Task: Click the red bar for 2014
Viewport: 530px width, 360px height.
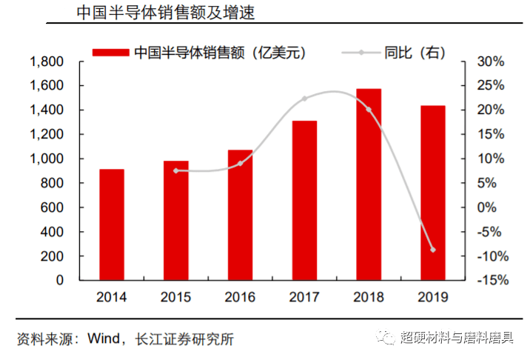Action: [x=112, y=225]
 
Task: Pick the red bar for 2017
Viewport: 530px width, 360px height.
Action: [x=304, y=201]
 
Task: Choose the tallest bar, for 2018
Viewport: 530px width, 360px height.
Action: [x=369, y=184]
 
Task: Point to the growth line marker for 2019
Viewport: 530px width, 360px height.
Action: [x=433, y=250]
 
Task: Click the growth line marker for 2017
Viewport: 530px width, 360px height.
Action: [x=304, y=99]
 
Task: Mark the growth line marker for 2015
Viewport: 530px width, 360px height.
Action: [x=176, y=170]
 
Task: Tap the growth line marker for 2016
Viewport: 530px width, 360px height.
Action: [x=240, y=163]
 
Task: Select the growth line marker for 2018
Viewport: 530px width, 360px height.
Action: [x=369, y=109]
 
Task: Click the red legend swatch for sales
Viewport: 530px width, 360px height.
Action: [x=111, y=53]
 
